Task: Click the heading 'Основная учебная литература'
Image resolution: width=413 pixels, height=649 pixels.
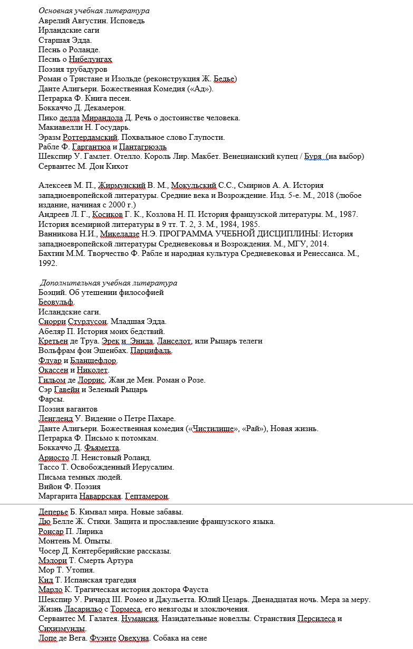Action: tap(94, 11)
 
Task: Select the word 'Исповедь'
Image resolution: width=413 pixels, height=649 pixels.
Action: tap(127, 21)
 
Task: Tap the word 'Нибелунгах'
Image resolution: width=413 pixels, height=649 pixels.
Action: tap(90, 60)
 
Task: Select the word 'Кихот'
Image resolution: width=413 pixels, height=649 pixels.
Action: tap(117, 166)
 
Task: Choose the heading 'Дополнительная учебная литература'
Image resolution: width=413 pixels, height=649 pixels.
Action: tap(109, 283)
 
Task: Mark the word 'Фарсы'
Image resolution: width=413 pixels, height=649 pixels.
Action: tap(50, 399)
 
